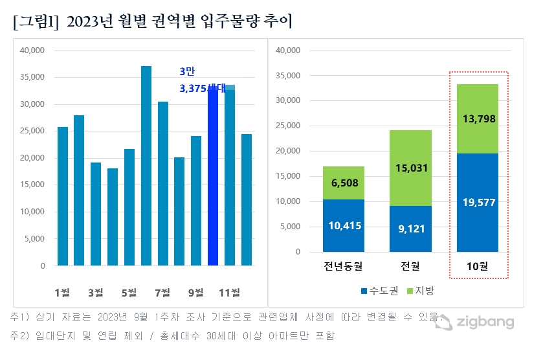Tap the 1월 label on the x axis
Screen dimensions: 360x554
tap(63, 293)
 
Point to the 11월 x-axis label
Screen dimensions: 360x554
tap(230, 293)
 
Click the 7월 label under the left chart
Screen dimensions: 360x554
tap(162, 293)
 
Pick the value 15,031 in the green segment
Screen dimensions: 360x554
tap(412, 168)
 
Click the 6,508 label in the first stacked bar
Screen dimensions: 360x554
tap(344, 183)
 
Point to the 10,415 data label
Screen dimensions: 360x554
tap(344, 225)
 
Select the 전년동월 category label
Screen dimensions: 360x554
tap(344, 267)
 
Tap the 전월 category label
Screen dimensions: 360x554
tap(412, 267)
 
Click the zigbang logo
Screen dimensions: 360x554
tap(475, 322)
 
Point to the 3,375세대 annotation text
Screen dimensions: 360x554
tap(202, 89)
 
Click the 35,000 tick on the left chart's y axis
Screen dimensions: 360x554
tap(32, 77)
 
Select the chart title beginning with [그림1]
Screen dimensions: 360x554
tap(152, 21)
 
